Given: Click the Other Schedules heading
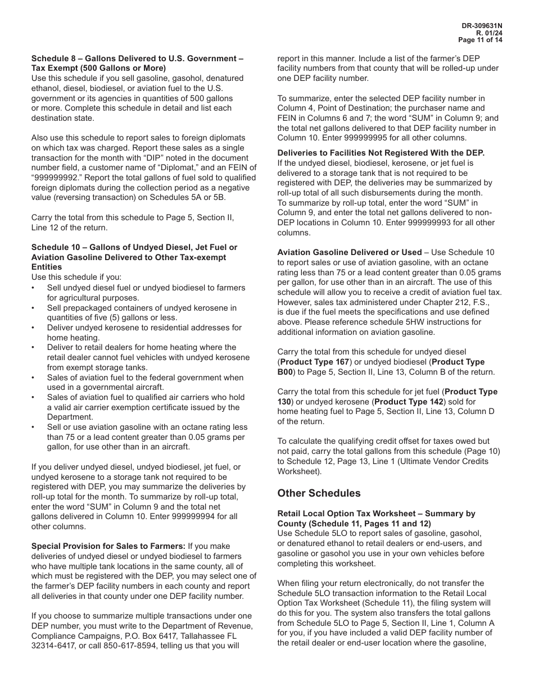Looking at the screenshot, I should point(319,493).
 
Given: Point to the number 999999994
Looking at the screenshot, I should point(192,517).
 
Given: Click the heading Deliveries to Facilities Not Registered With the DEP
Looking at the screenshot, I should point(381,153).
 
